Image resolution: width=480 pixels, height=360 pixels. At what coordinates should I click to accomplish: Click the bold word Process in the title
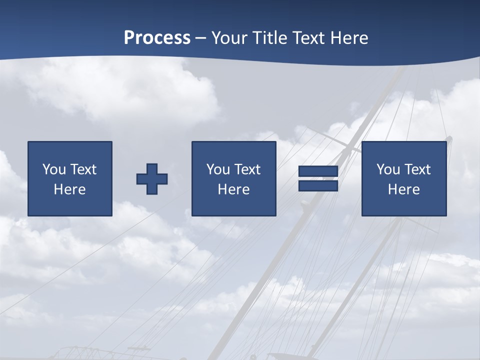[157, 38]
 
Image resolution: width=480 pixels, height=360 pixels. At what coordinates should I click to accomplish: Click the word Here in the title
[350, 38]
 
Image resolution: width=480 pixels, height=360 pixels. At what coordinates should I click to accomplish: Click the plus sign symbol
[152, 179]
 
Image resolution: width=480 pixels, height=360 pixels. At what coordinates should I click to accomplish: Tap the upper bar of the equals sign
[318, 171]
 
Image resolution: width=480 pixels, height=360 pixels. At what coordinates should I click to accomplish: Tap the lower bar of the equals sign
[318, 186]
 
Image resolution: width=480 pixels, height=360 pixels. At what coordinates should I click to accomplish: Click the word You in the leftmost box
[54, 169]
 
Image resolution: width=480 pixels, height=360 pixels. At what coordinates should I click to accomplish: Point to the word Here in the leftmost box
[69, 189]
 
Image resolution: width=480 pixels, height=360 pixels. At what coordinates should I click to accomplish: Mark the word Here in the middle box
[233, 189]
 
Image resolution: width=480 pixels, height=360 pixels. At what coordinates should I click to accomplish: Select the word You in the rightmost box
[388, 169]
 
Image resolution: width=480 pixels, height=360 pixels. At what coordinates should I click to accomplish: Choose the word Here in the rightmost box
[403, 189]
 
